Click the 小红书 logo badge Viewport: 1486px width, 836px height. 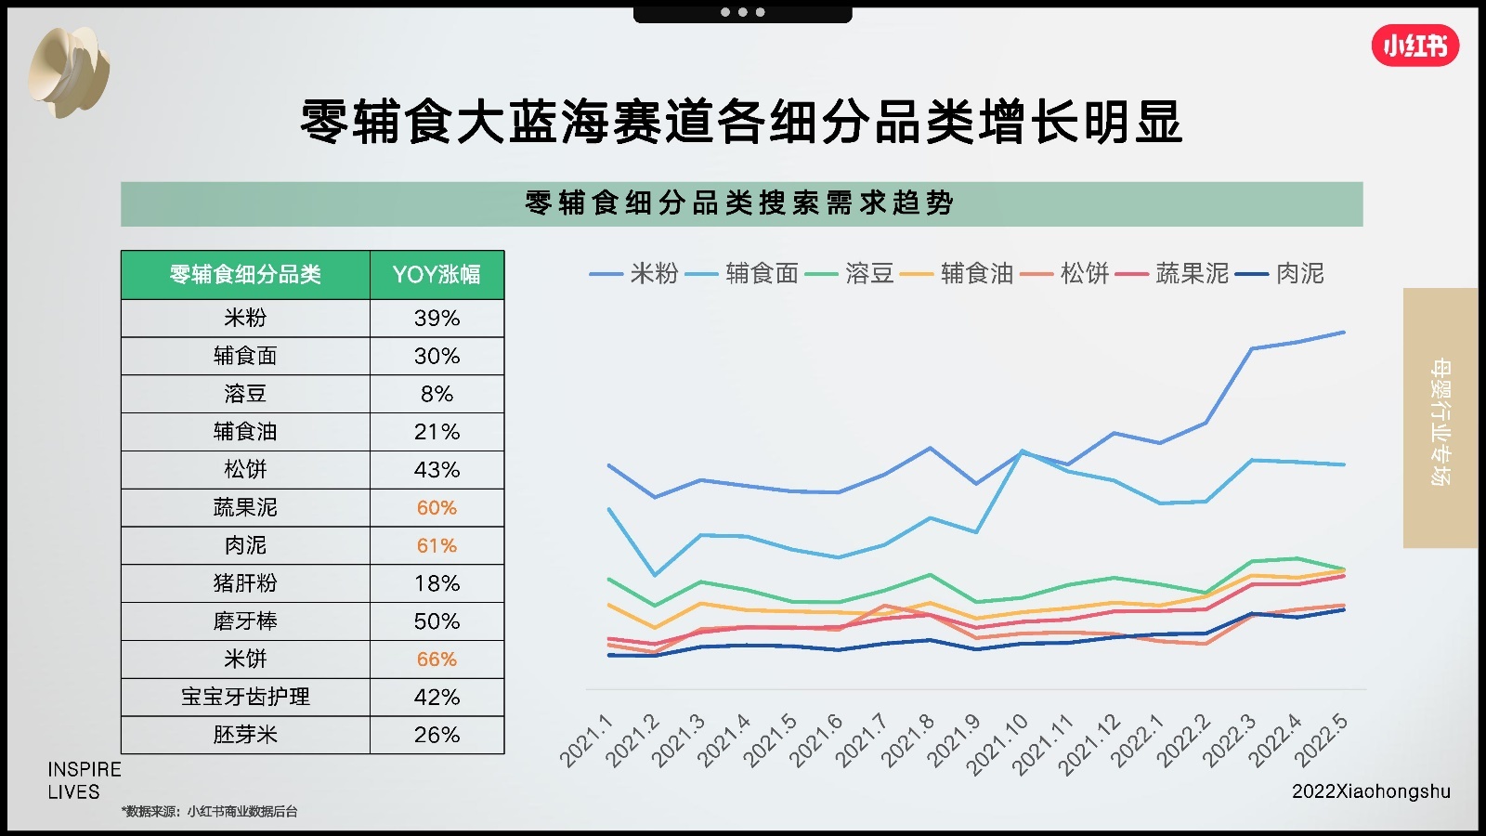point(1414,46)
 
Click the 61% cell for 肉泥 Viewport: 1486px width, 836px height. point(437,546)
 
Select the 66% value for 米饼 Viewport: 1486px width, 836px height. point(437,660)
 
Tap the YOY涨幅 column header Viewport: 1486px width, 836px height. point(437,275)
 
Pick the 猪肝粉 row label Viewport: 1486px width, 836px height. point(245,583)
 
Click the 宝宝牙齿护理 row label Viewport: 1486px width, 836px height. point(245,697)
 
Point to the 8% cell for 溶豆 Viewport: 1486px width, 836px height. point(437,394)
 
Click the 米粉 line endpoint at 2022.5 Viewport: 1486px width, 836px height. point(1344,332)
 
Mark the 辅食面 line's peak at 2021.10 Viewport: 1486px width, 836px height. point(1022,451)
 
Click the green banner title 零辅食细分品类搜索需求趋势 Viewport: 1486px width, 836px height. point(740,203)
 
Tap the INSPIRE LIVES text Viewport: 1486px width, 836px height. point(84,780)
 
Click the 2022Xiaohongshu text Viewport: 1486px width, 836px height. point(1371,791)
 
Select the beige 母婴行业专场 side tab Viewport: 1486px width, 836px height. point(1440,418)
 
